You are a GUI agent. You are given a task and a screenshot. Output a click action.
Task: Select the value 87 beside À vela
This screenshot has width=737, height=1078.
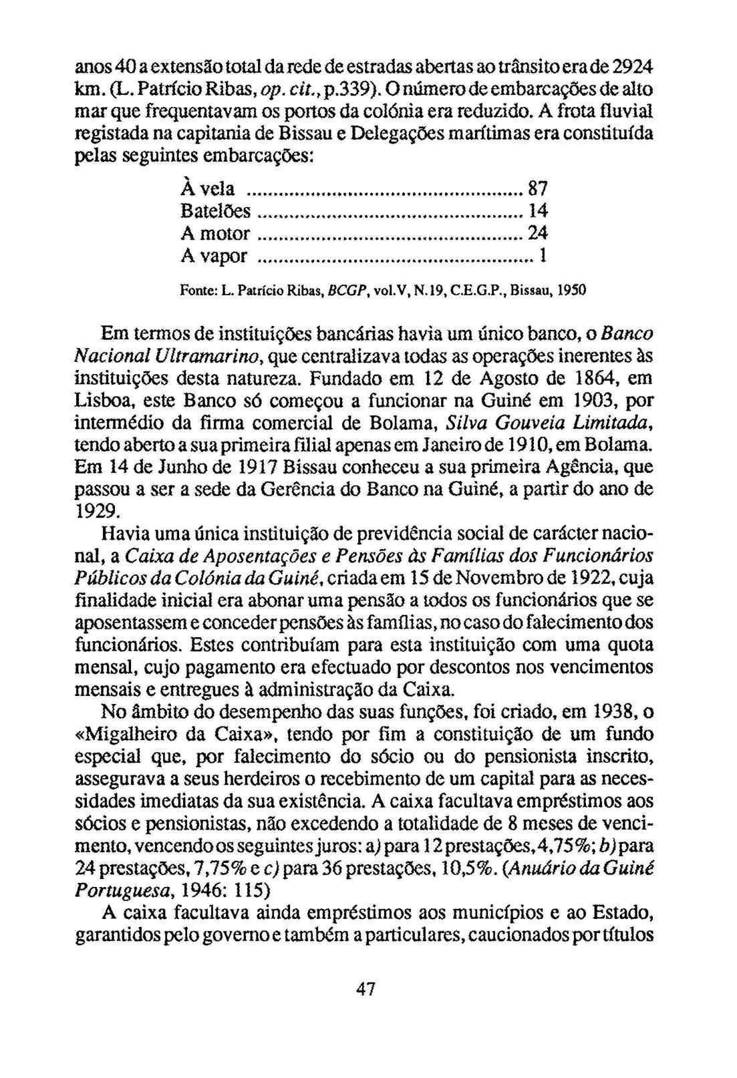[x=539, y=188]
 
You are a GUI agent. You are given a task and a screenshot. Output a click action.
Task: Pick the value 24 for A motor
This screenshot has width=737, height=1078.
[x=539, y=233]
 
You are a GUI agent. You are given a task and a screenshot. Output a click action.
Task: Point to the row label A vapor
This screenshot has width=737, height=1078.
[x=214, y=256]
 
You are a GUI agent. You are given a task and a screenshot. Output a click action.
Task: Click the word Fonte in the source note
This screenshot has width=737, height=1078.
[x=195, y=292]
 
